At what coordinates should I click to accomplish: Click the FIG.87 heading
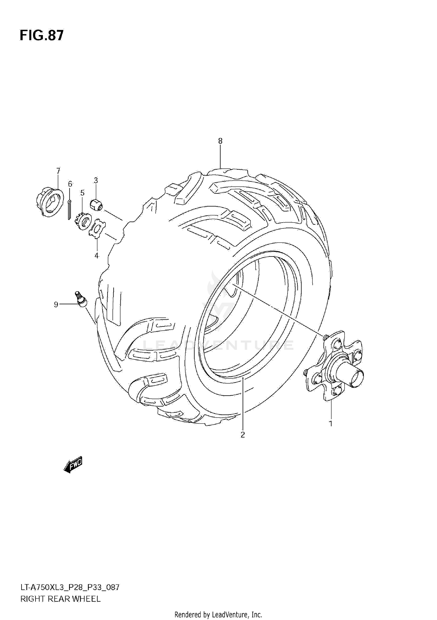pyautogui.click(x=41, y=35)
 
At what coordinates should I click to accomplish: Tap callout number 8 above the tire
pyautogui.click(x=220, y=141)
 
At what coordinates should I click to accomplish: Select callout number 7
pyautogui.click(x=58, y=171)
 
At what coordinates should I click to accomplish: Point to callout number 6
pyautogui.click(x=70, y=184)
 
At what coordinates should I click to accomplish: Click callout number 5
pyautogui.click(x=82, y=193)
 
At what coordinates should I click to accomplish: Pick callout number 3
pyautogui.click(x=96, y=180)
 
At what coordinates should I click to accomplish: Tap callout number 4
pyautogui.click(x=96, y=256)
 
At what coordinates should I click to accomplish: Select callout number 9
pyautogui.click(x=56, y=305)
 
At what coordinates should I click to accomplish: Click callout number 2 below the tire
pyautogui.click(x=243, y=443)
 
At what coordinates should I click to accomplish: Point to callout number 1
pyautogui.click(x=331, y=423)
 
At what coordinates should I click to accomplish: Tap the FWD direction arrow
pyautogui.click(x=73, y=464)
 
